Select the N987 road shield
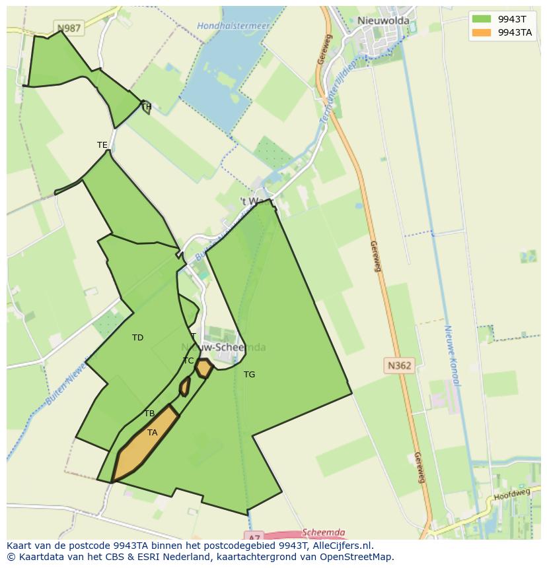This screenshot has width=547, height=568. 69,28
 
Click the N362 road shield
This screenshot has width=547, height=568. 398,365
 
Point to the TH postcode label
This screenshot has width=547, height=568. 146,107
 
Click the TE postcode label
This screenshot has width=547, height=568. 102,145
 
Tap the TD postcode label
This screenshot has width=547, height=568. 137,338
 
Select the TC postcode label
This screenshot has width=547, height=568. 188,361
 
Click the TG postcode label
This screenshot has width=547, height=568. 249,375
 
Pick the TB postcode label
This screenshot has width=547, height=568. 149,414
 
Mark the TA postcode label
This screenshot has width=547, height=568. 153,433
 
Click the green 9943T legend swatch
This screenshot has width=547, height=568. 482,19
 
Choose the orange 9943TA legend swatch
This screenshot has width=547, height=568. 482,32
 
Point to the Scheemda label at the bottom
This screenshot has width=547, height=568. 323,532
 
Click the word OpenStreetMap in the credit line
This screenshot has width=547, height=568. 357,557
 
